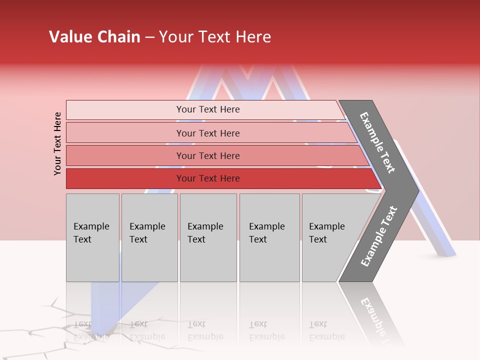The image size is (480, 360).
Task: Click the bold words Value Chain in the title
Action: tap(94, 37)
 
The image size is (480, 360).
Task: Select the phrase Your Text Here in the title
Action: tap(215, 37)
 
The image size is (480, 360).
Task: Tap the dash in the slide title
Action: tap(149, 37)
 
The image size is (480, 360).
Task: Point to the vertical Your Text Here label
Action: tap(57, 143)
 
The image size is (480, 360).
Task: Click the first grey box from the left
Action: tap(92, 237)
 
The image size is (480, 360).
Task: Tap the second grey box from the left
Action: tap(149, 237)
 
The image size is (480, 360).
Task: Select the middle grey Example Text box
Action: tap(208, 237)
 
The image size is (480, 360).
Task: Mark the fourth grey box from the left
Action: tap(269, 237)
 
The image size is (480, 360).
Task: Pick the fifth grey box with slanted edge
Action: tap(330, 237)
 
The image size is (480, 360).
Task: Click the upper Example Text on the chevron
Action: tap(377, 142)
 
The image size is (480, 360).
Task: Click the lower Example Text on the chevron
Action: tap(378, 236)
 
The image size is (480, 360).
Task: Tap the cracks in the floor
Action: tap(50, 325)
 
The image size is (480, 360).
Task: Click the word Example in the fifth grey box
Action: tap(326, 226)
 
